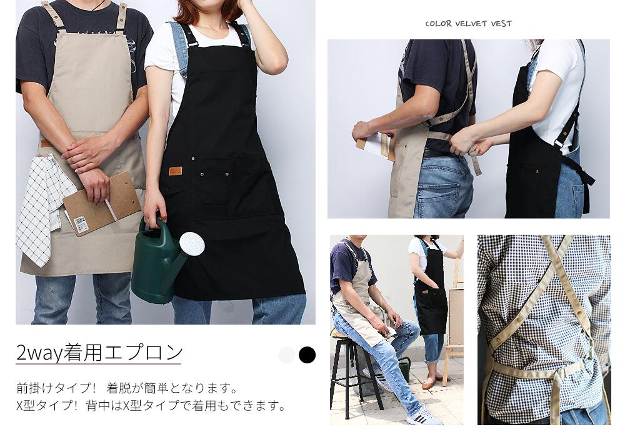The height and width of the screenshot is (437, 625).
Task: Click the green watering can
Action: pos(159,263)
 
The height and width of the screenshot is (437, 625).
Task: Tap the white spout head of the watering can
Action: pos(192,244)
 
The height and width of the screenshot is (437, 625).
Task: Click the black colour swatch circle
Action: pos(307,355)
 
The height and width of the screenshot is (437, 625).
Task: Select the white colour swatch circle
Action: pos(287,355)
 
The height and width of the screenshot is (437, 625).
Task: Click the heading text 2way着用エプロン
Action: pos(99,352)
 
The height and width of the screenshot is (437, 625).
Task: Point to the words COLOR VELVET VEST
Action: pos(468,24)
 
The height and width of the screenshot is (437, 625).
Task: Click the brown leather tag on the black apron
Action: pos(176,171)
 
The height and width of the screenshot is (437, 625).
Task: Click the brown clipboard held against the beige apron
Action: pos(102,203)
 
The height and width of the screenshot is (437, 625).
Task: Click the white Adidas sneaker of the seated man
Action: pos(424,416)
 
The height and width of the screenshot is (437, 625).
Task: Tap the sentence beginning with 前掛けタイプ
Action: pos(127,387)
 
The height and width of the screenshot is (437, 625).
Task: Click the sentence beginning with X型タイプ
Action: pos(151,406)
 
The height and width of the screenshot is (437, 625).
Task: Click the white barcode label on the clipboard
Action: pos(81,225)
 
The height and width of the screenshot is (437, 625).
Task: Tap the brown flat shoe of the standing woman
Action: pos(430,385)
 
